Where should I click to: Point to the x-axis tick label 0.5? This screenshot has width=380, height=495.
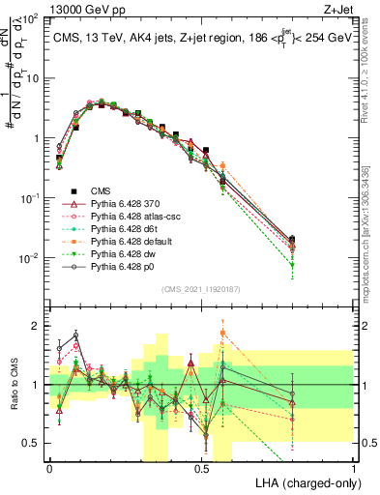201,468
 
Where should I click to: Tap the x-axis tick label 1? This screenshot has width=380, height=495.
354,468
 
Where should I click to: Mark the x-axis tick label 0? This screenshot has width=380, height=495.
49,468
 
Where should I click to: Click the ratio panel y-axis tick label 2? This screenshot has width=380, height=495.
37,326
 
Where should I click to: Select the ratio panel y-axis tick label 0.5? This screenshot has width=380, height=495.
33,443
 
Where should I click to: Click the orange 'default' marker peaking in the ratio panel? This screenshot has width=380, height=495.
223,334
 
